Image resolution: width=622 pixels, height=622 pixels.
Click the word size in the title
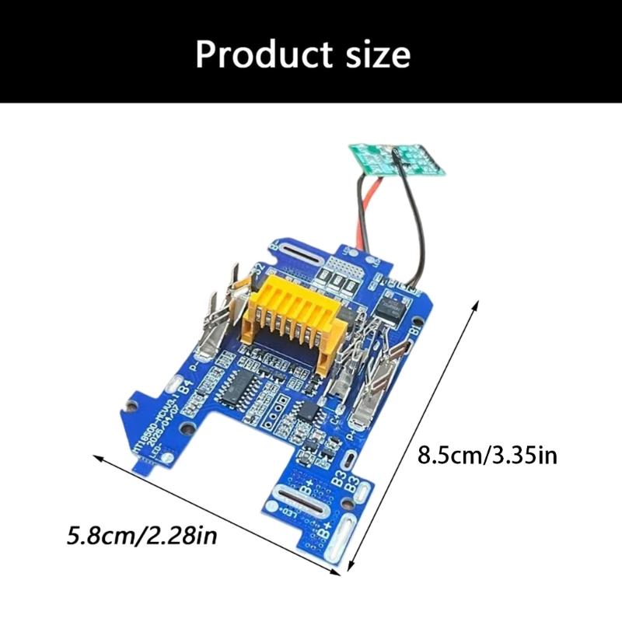point(379,54)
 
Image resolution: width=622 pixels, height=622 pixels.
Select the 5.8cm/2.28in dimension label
point(141,536)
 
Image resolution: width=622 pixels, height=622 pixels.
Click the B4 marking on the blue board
point(186,386)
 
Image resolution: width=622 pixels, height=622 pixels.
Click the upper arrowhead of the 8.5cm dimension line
point(472,306)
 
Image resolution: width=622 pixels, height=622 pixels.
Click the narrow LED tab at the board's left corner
point(145,466)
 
